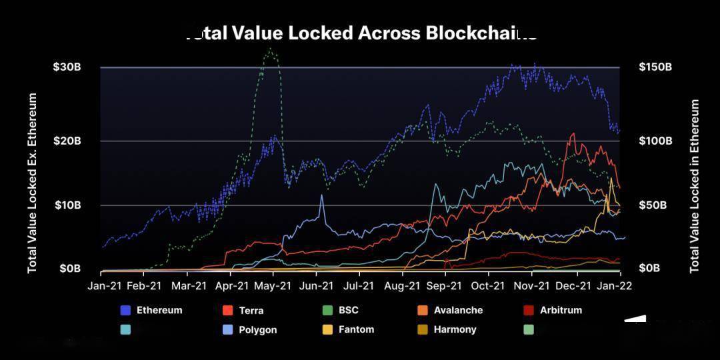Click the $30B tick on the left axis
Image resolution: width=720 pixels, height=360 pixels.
67,67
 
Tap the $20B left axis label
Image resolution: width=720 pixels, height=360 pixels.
67,141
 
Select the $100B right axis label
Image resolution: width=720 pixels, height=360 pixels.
656,141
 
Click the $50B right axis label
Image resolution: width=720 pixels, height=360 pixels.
653,205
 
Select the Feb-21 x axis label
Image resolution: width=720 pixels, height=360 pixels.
143,285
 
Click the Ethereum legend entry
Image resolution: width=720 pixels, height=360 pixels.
159,310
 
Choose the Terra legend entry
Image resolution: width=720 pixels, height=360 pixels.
251,311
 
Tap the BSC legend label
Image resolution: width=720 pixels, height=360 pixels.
348,310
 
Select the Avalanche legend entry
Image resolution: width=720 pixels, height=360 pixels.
458,310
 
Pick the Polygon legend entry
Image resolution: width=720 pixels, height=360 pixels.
257,329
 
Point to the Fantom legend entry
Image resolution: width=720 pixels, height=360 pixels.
356,329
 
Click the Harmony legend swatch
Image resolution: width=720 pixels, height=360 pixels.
422,329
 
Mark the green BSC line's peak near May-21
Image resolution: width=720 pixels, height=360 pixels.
270,48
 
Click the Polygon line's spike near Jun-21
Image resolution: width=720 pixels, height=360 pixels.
322,195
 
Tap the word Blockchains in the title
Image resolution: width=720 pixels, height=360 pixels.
481,33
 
